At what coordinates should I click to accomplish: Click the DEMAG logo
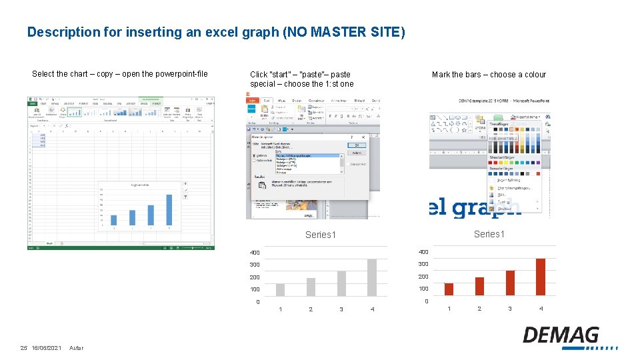(x=561, y=335)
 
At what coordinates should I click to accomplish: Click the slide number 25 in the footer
(x=23, y=348)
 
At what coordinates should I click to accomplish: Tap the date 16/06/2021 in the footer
(x=46, y=348)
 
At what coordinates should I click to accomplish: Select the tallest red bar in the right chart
(x=541, y=277)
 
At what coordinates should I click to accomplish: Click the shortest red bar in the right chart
(x=449, y=289)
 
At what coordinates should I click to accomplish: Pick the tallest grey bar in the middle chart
(x=372, y=277)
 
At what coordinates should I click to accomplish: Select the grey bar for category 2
(x=311, y=287)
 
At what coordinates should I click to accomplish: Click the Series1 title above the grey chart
(x=321, y=235)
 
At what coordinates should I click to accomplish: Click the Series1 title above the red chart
(x=489, y=234)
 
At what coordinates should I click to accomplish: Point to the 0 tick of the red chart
(x=426, y=302)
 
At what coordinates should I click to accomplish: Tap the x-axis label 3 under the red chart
(x=510, y=309)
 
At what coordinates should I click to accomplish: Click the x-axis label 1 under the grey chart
(x=280, y=309)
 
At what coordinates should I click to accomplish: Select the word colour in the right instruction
(x=535, y=75)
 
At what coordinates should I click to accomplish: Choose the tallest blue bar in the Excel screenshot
(x=169, y=209)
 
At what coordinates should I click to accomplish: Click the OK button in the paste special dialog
(x=356, y=144)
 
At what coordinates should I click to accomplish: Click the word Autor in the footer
(x=76, y=348)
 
